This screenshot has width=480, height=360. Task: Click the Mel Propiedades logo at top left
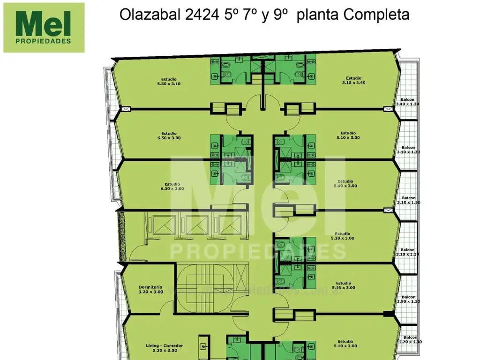click(x=44, y=27)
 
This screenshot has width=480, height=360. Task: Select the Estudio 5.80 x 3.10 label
click(x=169, y=82)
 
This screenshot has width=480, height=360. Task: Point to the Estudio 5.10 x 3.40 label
click(x=353, y=80)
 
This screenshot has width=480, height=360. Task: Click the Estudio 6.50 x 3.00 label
click(x=169, y=135)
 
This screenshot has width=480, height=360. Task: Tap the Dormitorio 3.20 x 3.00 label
click(x=151, y=289)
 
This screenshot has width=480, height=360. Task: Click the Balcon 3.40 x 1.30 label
click(x=407, y=102)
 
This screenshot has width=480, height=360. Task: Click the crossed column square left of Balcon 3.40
click(x=387, y=109)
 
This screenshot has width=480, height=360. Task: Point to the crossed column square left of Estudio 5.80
click(x=125, y=109)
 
